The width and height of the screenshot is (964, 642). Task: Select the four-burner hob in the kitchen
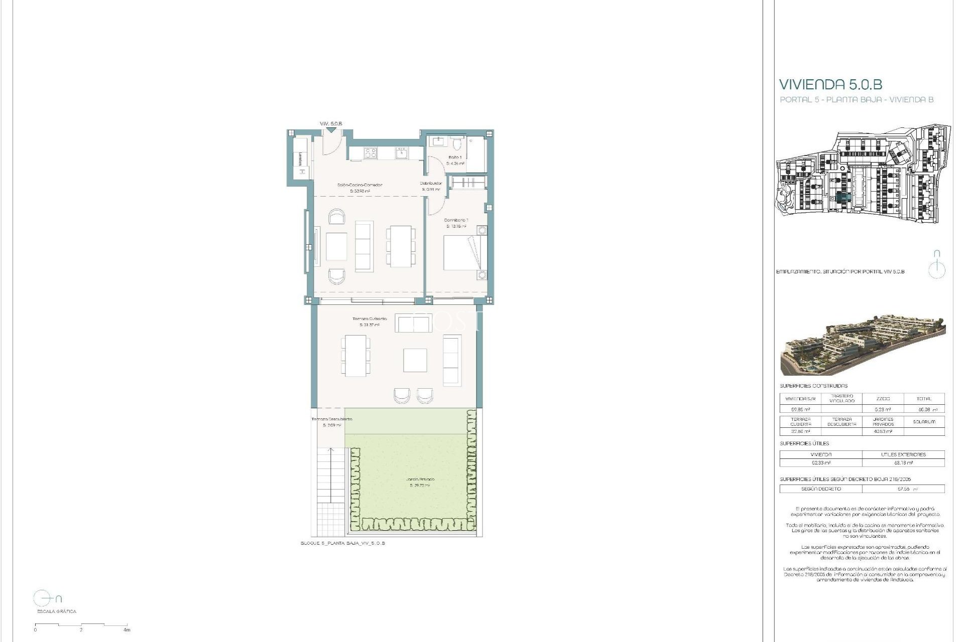coord(370,152)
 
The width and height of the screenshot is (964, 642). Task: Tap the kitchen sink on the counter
coord(401,152)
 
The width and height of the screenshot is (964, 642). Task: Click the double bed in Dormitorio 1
coord(465,253)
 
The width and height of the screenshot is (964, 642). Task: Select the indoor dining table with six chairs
coord(401,246)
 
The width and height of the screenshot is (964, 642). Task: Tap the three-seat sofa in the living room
coord(364,246)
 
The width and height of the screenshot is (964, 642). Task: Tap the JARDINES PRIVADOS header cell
coord(883,422)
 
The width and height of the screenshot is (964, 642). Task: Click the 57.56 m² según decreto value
coord(902,489)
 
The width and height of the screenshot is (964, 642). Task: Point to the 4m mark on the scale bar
coord(127,629)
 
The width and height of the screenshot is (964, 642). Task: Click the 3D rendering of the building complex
coord(862,347)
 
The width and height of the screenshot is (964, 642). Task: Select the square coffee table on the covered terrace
coord(415,360)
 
